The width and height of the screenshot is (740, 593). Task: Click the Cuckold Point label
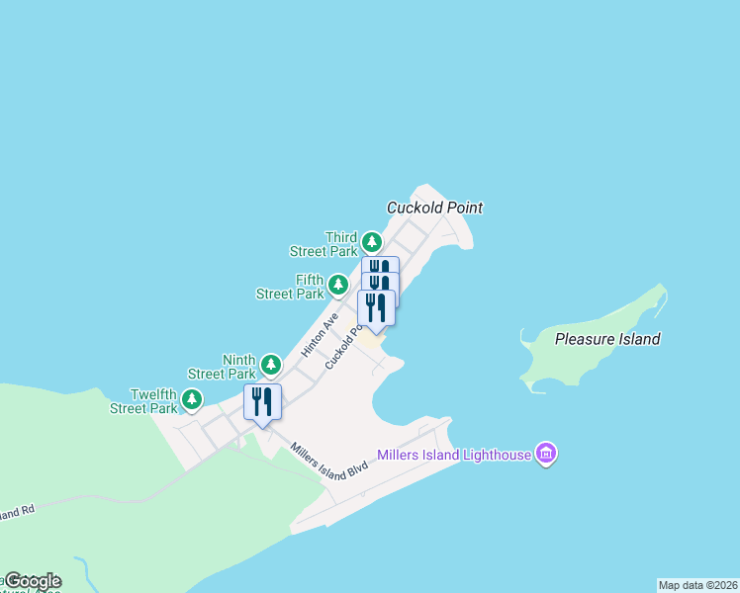434,208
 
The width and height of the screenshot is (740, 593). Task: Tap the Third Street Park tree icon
371,241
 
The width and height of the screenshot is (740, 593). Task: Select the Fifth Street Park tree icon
338,285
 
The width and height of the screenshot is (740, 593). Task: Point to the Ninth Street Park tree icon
271,366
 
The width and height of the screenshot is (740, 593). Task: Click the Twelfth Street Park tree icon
192,399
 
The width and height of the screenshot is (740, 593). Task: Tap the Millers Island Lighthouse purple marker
545,454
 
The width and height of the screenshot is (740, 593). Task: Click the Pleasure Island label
607,339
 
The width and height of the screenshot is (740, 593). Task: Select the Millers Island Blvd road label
329,463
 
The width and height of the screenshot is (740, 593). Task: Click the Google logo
32,581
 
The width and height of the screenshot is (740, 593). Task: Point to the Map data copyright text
697,585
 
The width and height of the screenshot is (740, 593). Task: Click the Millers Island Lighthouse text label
454,456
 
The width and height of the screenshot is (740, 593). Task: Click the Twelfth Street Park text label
143,400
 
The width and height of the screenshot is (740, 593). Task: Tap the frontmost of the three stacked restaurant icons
376,306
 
